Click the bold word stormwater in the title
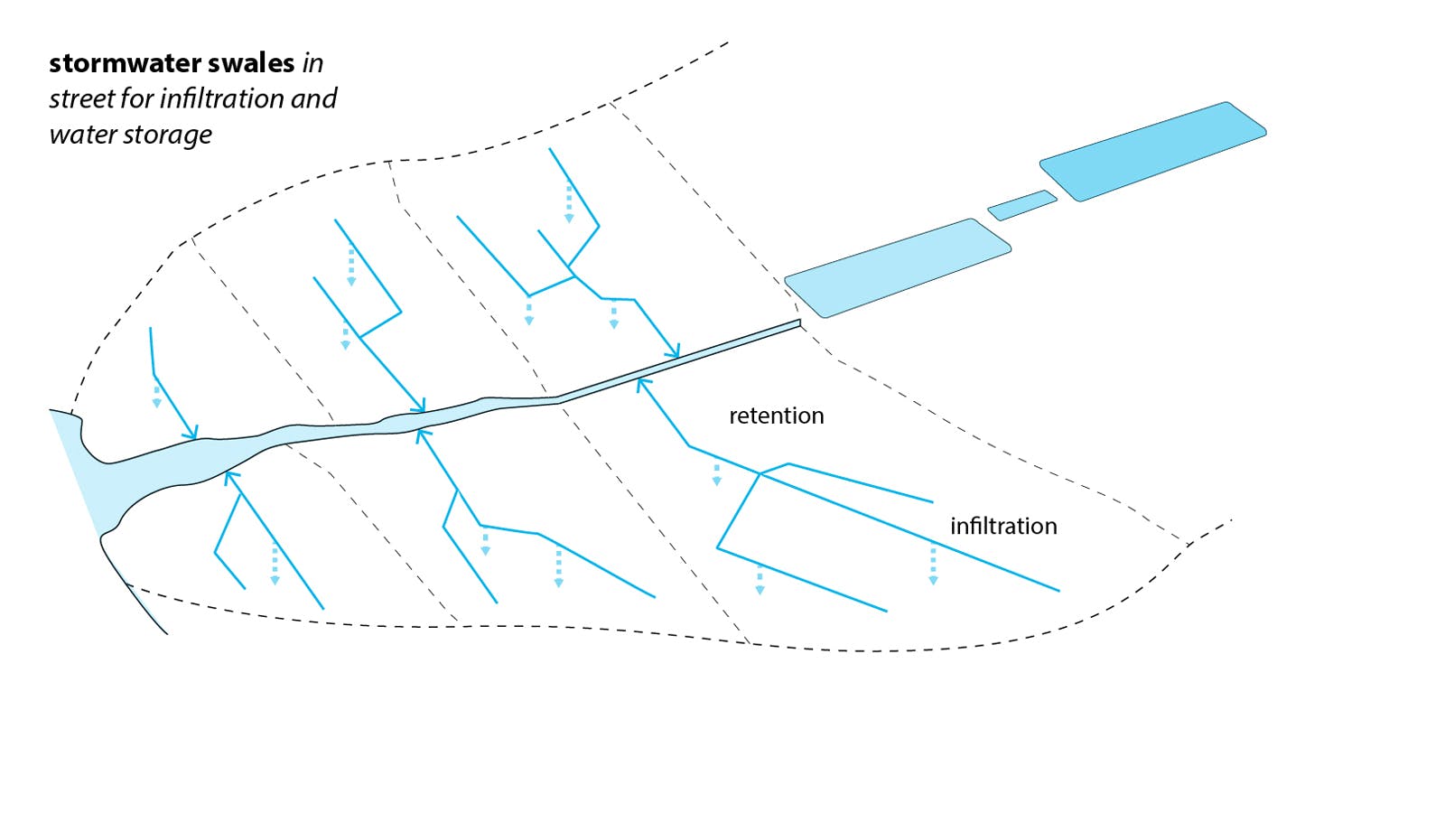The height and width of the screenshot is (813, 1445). pyautogui.click(x=125, y=63)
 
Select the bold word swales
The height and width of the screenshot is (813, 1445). pyautogui.click(x=251, y=63)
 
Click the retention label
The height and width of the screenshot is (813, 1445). pyautogui.click(x=776, y=416)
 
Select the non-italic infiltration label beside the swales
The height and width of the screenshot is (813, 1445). pyautogui.click(x=1002, y=526)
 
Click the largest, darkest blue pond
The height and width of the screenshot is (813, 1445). pyautogui.click(x=1153, y=151)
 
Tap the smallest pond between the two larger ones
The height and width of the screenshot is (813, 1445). pyautogui.click(x=1021, y=205)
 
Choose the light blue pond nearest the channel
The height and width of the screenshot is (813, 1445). pyautogui.click(x=897, y=267)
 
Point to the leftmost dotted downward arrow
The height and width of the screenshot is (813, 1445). pyautogui.click(x=156, y=396)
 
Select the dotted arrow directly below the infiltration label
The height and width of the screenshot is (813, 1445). pyautogui.click(x=933, y=565)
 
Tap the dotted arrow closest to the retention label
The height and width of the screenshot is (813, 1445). pyautogui.click(x=716, y=475)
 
